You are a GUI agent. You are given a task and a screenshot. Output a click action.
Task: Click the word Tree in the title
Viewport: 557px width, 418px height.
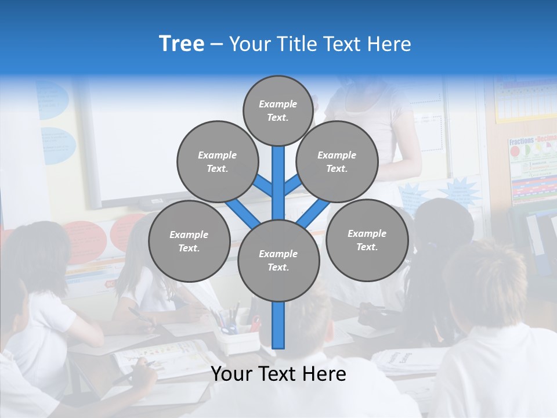(x=182, y=44)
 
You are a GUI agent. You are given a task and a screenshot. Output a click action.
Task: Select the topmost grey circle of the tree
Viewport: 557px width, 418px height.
(x=278, y=110)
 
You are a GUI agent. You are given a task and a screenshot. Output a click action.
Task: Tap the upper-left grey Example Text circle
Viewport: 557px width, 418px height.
(x=218, y=161)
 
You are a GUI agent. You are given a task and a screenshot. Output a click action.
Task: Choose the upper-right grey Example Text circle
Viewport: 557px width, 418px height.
(x=337, y=161)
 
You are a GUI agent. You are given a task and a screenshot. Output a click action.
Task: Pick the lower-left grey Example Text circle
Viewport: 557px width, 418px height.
(x=189, y=241)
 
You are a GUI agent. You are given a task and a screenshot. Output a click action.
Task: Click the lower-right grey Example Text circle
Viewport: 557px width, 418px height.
(x=367, y=240)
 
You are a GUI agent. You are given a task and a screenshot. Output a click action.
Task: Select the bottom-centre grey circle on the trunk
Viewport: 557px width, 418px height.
(x=278, y=260)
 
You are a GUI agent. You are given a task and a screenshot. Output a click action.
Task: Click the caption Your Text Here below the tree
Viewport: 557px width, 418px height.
(x=278, y=374)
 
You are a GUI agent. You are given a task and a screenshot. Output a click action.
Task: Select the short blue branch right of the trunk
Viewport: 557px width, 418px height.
(x=293, y=185)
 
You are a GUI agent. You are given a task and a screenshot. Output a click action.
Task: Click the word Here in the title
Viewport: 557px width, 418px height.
(x=389, y=44)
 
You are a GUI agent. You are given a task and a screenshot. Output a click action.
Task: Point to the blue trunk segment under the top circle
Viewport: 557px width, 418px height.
(x=278, y=174)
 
